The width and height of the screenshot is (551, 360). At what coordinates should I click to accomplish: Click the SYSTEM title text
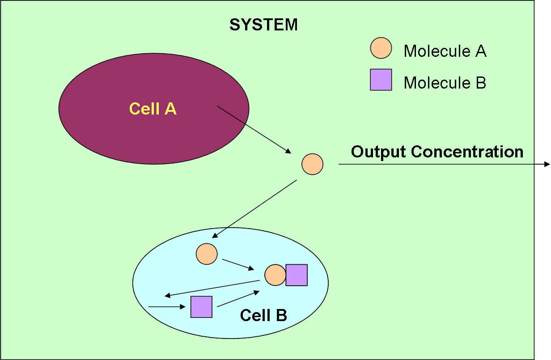(x=263, y=25)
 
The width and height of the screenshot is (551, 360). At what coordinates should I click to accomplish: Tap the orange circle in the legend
(x=381, y=48)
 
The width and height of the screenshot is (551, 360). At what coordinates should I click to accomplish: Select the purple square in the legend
(x=381, y=80)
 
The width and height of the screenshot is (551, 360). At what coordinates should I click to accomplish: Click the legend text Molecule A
(x=445, y=51)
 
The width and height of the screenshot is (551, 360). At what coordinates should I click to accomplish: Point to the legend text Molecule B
(x=445, y=83)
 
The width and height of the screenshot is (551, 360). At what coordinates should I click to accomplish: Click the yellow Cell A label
(x=153, y=109)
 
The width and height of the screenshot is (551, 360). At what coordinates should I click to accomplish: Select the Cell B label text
(x=263, y=315)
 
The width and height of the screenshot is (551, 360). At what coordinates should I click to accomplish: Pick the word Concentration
(x=467, y=152)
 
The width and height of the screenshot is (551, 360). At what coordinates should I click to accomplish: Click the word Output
(x=379, y=152)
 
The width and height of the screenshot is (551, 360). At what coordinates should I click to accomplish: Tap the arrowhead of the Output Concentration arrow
(x=547, y=165)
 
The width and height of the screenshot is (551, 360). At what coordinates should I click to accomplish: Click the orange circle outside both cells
(x=312, y=164)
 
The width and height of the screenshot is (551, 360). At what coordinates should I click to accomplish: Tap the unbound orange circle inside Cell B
(x=207, y=254)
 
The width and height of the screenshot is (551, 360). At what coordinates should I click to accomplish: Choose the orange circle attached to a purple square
(x=275, y=275)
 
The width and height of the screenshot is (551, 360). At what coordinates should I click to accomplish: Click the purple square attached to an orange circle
(x=297, y=275)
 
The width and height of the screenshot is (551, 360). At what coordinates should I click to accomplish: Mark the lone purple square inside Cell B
(x=201, y=307)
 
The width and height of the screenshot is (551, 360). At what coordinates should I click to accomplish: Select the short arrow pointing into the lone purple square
(x=166, y=307)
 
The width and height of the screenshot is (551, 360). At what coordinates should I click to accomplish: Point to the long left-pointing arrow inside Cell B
(x=212, y=288)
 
